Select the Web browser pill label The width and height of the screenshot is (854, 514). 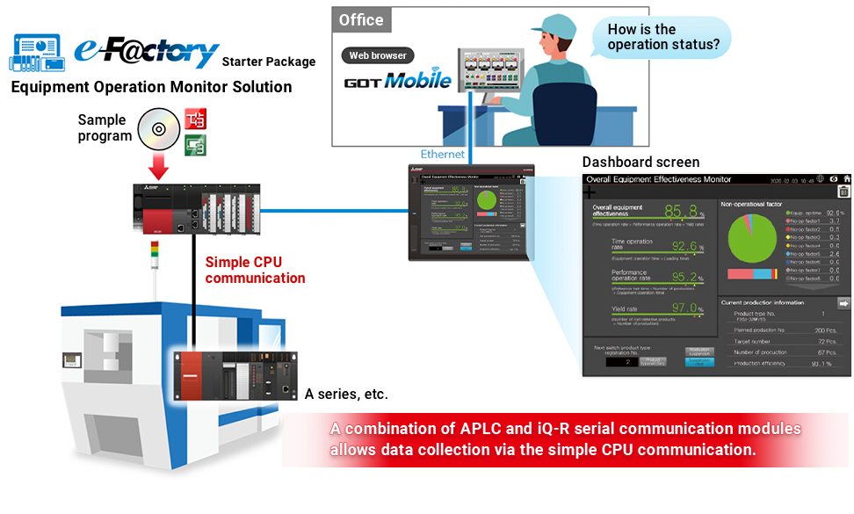(378, 55)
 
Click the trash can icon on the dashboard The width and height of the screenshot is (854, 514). (843, 192)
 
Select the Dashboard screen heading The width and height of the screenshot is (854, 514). (640, 162)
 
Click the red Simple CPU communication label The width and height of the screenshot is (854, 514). (255, 270)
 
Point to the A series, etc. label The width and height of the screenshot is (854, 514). (346, 395)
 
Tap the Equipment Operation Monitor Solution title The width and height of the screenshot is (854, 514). (151, 87)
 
